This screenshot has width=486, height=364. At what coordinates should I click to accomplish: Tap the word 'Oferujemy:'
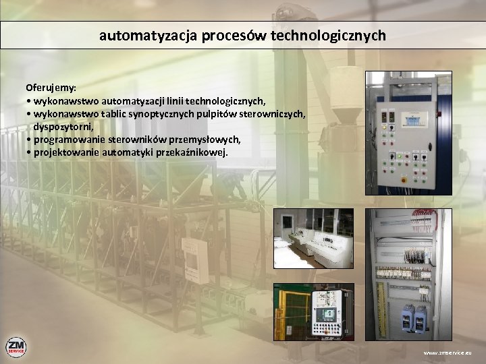pos(51,88)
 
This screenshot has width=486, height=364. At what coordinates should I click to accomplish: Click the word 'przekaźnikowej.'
pos(192,152)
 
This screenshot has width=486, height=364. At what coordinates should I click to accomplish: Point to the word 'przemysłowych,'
pos(205,140)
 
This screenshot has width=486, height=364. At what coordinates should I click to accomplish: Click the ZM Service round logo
pos(16,347)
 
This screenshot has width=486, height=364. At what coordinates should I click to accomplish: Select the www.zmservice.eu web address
pos(448,353)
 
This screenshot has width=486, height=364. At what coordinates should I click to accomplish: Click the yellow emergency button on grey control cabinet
pos(404,180)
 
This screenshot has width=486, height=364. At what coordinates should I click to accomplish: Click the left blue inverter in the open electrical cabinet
pos(407,317)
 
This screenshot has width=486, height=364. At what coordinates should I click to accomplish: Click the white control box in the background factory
pos(194,260)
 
